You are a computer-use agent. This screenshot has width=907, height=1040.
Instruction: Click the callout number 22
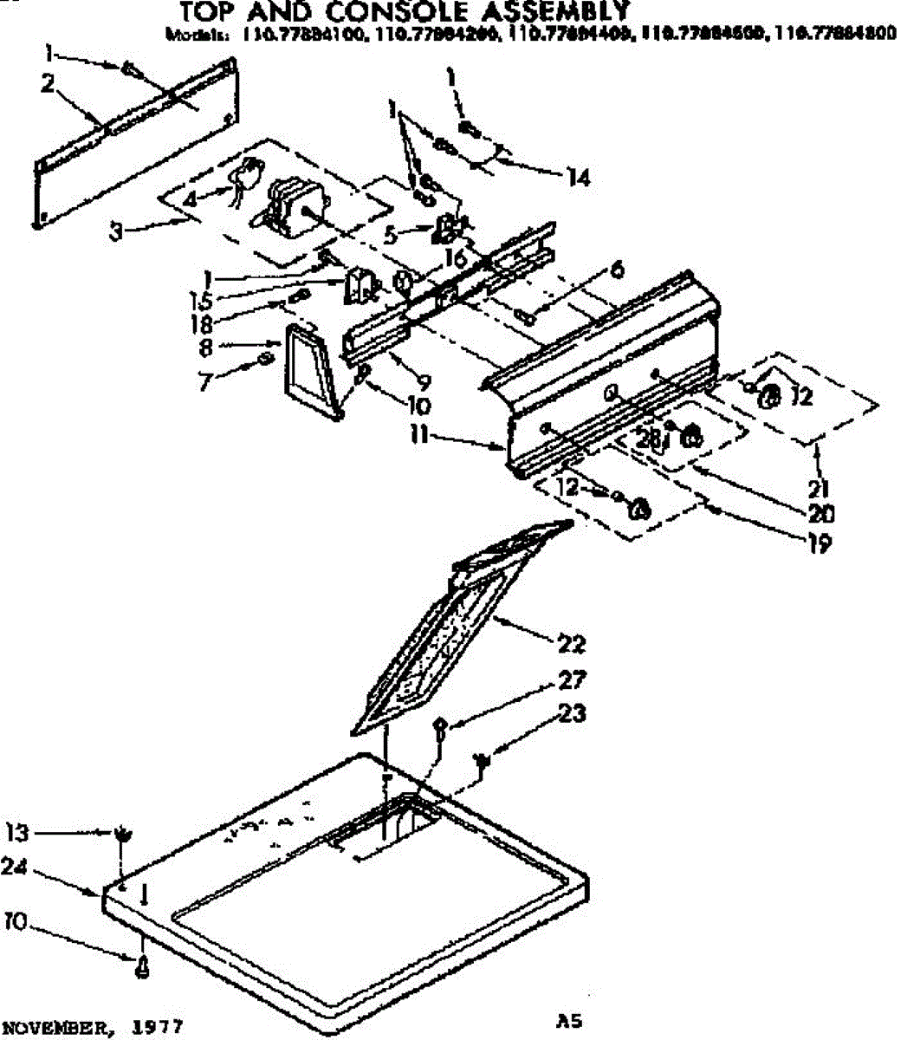573,644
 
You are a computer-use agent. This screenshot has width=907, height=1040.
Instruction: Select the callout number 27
573,680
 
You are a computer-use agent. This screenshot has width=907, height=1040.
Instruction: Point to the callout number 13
17,834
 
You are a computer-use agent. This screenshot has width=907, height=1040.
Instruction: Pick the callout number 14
577,178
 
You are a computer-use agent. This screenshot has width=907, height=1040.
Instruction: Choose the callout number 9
424,380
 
